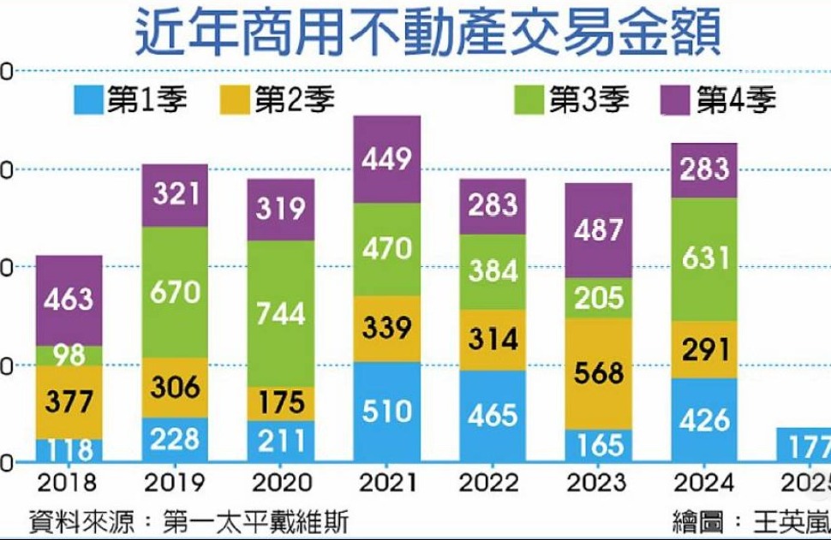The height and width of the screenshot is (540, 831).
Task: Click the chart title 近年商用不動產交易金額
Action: (426, 33)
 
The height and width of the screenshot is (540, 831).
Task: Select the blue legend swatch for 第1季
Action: (89, 100)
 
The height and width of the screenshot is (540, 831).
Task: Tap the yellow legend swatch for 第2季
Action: (237, 100)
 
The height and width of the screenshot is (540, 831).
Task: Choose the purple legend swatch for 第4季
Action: (678, 100)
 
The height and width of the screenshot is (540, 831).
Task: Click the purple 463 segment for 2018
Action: (69, 300)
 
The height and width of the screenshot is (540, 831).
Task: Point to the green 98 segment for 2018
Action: (69, 355)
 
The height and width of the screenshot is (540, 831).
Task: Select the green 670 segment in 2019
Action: (175, 292)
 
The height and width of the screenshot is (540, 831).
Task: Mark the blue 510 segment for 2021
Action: (386, 412)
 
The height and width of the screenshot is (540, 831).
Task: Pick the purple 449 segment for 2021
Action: (386, 159)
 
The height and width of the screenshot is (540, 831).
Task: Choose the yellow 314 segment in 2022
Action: (492, 339)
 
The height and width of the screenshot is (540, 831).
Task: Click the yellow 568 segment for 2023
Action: (598, 374)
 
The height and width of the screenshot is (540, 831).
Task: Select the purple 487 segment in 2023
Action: (598, 230)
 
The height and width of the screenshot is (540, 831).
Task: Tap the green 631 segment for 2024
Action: (704, 259)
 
